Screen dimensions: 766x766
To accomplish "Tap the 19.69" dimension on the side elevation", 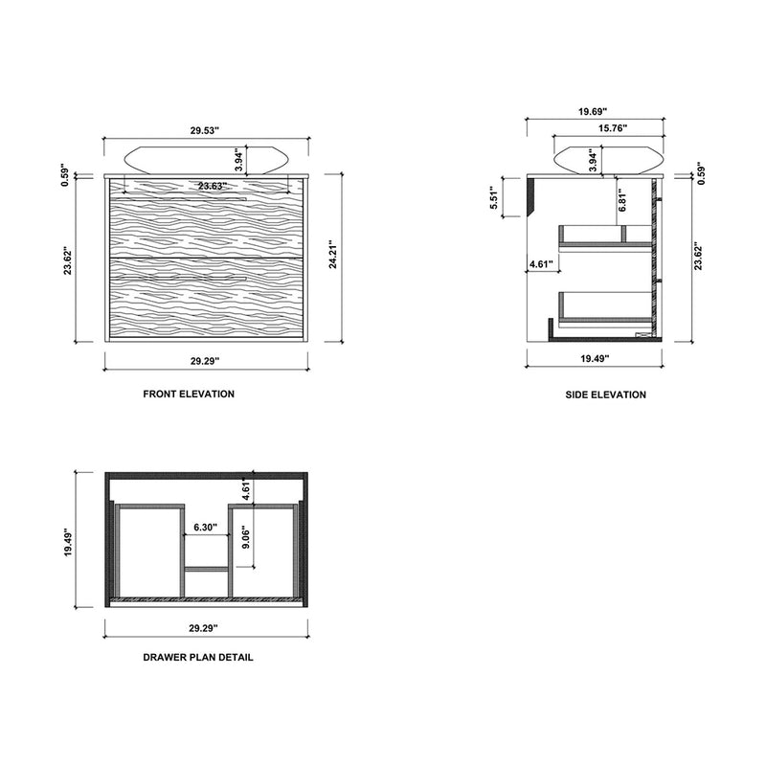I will click(x=595, y=111).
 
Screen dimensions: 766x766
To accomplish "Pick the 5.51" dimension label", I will click(x=495, y=197).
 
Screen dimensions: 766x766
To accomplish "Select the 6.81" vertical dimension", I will click(x=622, y=200).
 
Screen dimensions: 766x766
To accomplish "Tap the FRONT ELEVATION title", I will click(x=189, y=394).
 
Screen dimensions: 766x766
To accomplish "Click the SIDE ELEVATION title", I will click(x=605, y=394).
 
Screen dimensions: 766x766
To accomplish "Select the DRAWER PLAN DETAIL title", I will click(x=198, y=659).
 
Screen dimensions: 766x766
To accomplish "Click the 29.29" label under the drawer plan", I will click(x=203, y=629).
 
